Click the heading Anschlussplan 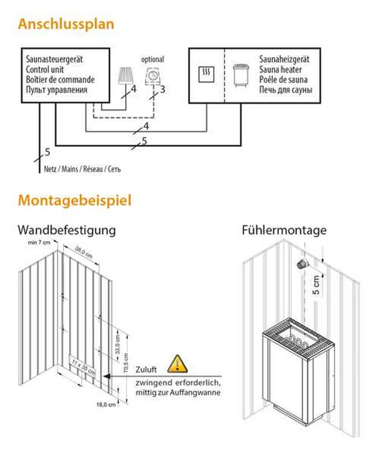click(66, 24)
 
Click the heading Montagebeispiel click(74, 200)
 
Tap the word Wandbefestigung click(67, 230)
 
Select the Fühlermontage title click(284, 230)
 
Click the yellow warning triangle click(178, 363)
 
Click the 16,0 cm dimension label click(106, 405)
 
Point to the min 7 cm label click(40, 243)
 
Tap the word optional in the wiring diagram click(152, 59)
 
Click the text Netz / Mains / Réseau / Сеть click(82, 169)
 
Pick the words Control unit click(45, 69)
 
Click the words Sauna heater click(280, 70)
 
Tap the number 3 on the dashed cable click(162, 89)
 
